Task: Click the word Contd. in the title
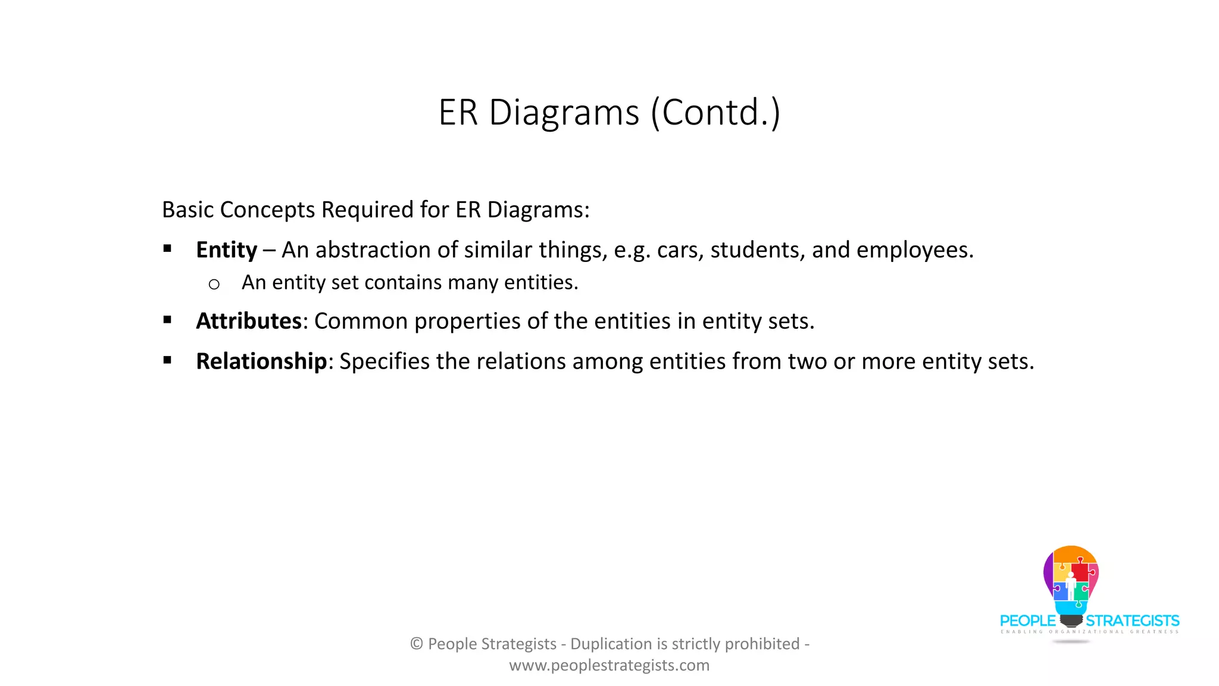(715, 113)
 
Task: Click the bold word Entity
(226, 250)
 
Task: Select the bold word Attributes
(249, 322)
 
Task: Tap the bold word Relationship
(261, 361)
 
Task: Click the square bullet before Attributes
(167, 320)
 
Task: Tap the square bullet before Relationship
(167, 360)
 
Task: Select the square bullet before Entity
(167, 249)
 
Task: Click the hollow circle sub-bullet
(214, 285)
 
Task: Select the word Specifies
(385, 361)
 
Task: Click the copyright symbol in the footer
(417, 644)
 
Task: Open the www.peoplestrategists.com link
(609, 665)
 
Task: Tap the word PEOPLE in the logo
(1027, 621)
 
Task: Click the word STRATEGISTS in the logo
(1132, 621)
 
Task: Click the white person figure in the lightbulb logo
(1071, 587)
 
